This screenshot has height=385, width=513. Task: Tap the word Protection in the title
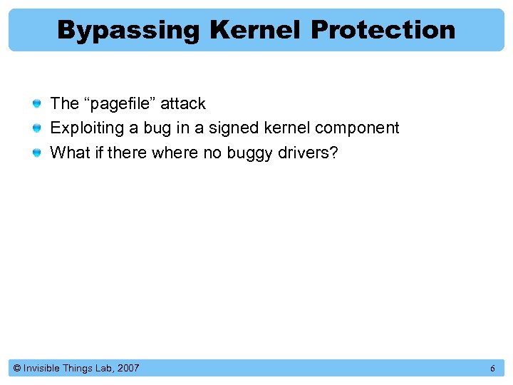pyautogui.click(x=383, y=30)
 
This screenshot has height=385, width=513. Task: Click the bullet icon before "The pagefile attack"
pyautogui.click(x=37, y=104)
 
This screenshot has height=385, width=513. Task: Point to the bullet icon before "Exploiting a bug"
pyautogui.click(x=37, y=128)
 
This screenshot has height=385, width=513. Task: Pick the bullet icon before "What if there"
pyautogui.click(x=37, y=153)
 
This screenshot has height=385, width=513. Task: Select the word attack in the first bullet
pyautogui.click(x=183, y=104)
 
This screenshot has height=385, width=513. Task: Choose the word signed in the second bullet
pyautogui.click(x=232, y=129)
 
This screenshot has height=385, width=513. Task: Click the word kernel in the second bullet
pyautogui.click(x=286, y=128)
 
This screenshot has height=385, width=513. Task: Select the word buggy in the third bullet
pyautogui.click(x=250, y=153)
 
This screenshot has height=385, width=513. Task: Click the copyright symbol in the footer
pyautogui.click(x=18, y=369)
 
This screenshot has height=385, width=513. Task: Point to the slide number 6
pyautogui.click(x=492, y=369)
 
